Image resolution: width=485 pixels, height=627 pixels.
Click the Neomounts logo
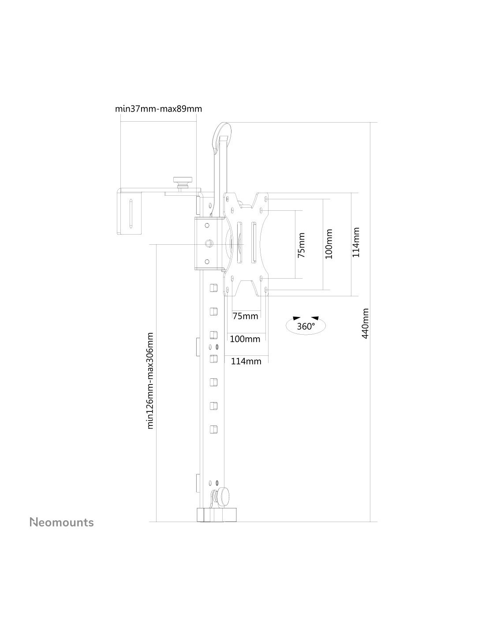tap(61, 522)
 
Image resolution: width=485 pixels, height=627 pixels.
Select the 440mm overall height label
tap(365, 324)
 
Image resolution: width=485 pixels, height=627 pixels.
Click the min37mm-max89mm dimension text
tap(158, 109)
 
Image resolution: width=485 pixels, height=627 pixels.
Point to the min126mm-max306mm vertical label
tap(150, 384)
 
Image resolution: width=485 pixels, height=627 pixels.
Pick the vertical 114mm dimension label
tap(356, 243)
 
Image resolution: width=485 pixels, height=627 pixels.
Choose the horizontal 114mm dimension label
tap(246, 361)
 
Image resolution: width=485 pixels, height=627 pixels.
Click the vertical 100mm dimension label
tap(328, 244)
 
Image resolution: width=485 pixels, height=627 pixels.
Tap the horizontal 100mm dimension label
tap(245, 339)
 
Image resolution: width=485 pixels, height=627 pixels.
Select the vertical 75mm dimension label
tap(301, 245)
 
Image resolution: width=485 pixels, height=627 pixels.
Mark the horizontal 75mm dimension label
tap(245, 316)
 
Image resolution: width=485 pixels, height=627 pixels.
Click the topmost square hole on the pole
tap(213, 288)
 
